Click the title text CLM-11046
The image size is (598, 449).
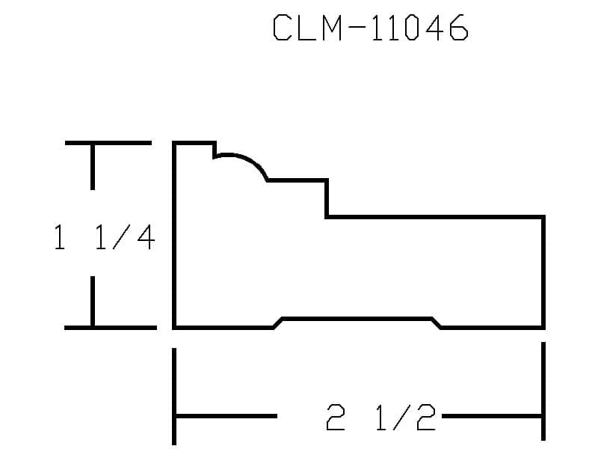pyautogui.click(x=370, y=27)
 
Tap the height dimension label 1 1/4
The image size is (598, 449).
pyautogui.click(x=105, y=237)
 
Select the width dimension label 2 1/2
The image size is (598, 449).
pyautogui.click(x=380, y=417)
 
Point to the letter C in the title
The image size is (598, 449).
pyautogui.click(x=283, y=27)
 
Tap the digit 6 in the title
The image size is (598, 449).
pyautogui.click(x=458, y=27)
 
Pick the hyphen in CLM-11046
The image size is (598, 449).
pyautogui.click(x=357, y=27)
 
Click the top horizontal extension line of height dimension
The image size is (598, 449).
pyautogui.click(x=108, y=143)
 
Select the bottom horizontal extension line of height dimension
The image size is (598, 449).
pyautogui.click(x=111, y=328)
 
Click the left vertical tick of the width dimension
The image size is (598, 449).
pyautogui.click(x=174, y=397)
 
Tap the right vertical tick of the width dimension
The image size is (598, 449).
pyautogui.click(x=543, y=391)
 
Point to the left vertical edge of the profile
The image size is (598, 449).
pyautogui.click(x=174, y=235)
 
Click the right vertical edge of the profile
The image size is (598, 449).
pyautogui.click(x=543, y=272)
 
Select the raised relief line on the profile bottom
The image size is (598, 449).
pyautogui.click(x=357, y=319)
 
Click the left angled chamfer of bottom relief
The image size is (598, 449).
pyautogui.click(x=277, y=323)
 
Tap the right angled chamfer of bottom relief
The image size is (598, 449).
pyautogui.click(x=437, y=323)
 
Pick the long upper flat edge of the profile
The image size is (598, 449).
pyautogui.click(x=435, y=217)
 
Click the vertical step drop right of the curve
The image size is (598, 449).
pyautogui.click(x=327, y=198)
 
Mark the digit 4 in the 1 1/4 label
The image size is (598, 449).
pyautogui.click(x=146, y=237)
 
